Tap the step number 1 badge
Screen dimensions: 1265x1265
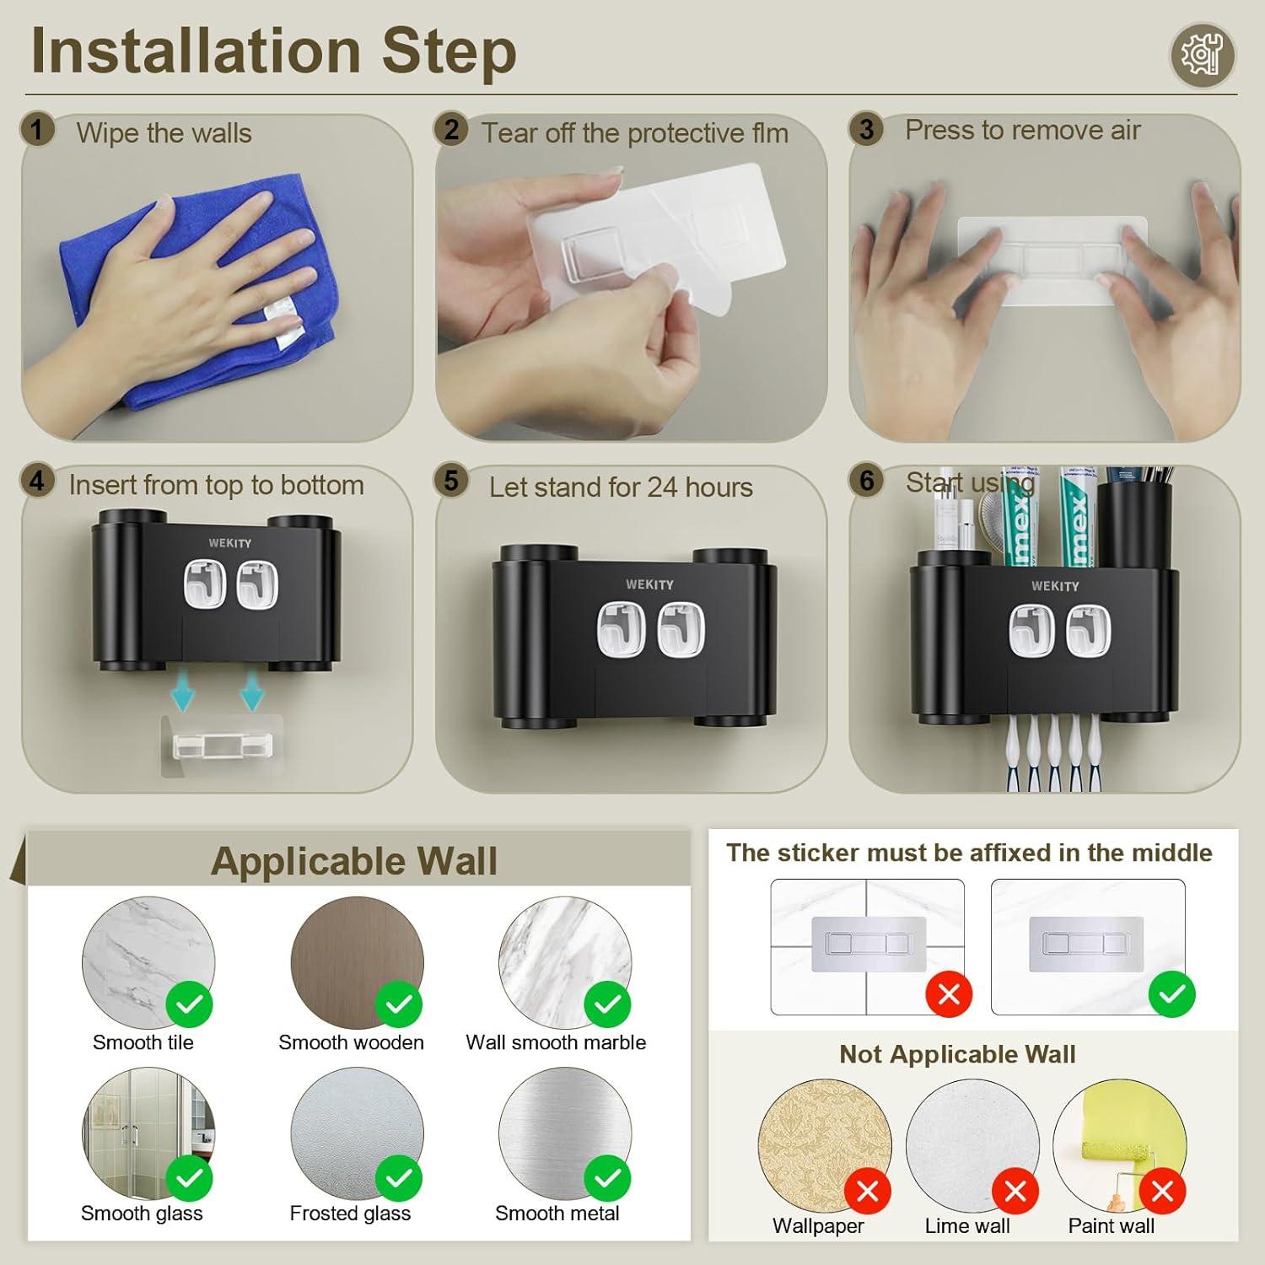36,131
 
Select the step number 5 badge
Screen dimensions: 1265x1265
451,481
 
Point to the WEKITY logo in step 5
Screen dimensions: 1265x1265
649,584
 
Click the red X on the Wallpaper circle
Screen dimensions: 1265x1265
867,1192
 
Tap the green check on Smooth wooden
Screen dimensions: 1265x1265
399,1004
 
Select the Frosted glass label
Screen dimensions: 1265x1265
350,1214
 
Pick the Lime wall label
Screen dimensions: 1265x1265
967,1226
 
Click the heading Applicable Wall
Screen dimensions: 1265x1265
354,861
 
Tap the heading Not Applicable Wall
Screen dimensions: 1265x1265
957,1054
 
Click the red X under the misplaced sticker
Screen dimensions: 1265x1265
949,994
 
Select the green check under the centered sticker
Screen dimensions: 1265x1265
1172,994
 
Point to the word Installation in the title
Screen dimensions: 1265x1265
196,51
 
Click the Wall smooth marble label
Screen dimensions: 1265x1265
556,1042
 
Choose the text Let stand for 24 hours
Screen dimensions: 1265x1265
621,487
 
